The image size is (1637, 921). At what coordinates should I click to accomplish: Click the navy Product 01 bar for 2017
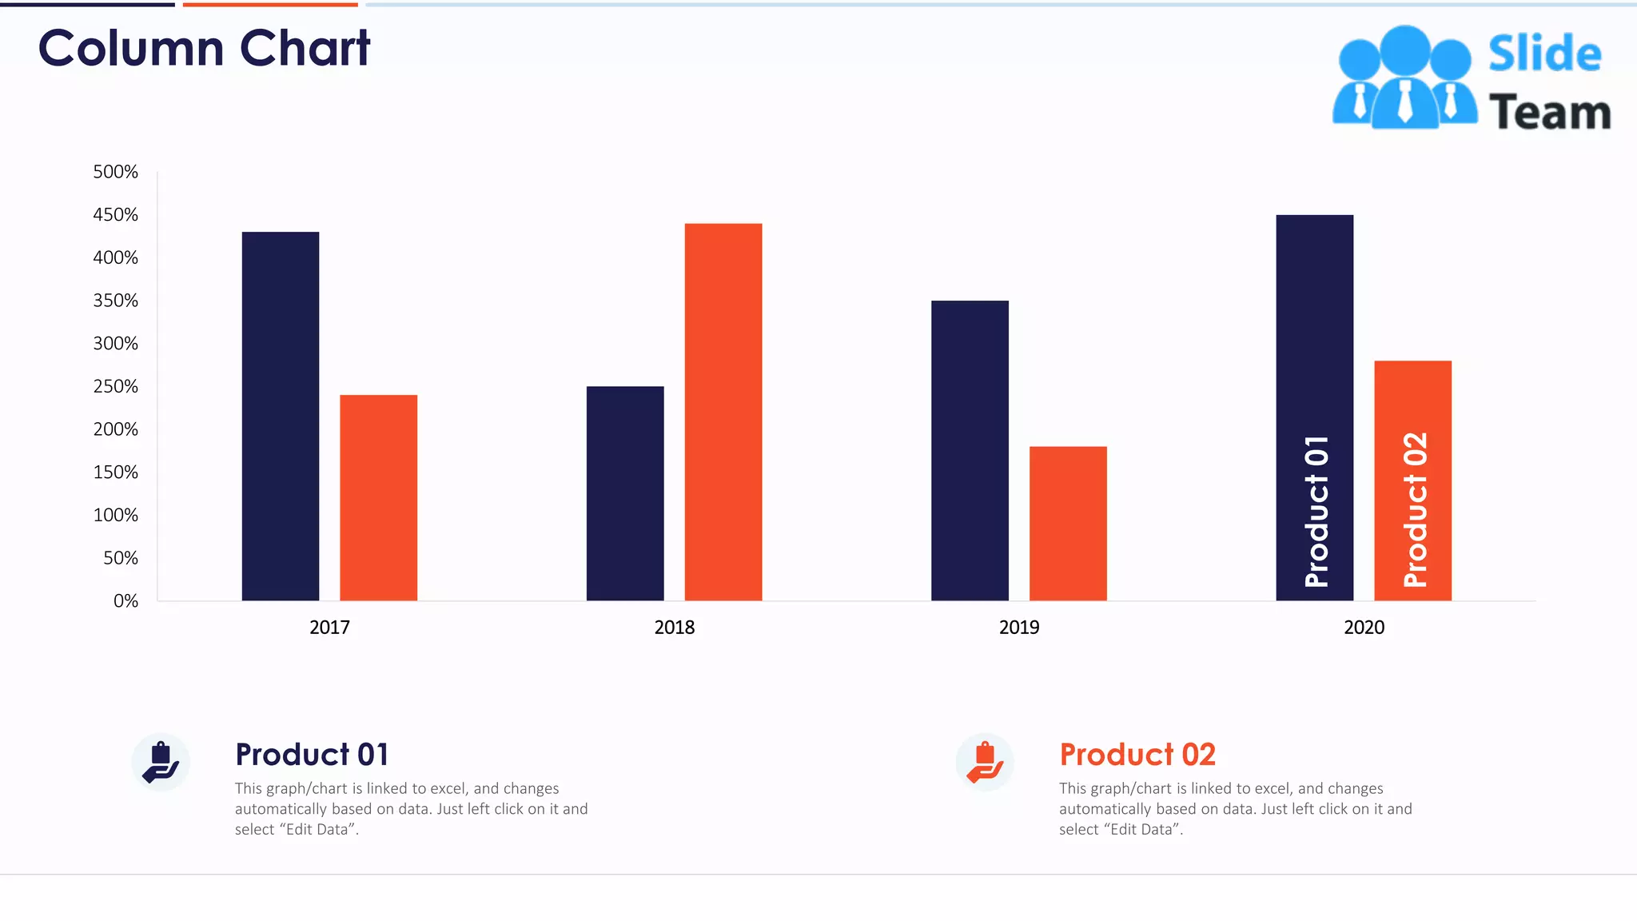pos(281,416)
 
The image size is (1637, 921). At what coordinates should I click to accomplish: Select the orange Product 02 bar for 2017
pos(378,497)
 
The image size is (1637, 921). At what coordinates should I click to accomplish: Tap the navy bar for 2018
pos(625,493)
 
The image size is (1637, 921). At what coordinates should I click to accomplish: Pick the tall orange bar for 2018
pos(723,412)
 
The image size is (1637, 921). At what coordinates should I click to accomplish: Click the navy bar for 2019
pos(970,450)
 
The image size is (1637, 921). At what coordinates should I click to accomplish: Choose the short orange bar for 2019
pos(1068,523)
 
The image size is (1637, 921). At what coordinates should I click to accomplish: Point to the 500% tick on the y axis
pos(116,172)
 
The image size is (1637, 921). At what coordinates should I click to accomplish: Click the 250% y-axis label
pos(116,386)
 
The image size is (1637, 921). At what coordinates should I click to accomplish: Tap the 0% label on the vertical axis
pos(125,601)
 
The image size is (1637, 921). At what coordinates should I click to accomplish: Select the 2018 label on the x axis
pos(674,628)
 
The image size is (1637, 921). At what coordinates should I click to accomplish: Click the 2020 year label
pos(1364,628)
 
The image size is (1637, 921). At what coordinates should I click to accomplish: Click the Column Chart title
pos(205,48)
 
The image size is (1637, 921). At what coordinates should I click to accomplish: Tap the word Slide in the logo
pos(1544,54)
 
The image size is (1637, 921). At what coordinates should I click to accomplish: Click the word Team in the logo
pos(1549,112)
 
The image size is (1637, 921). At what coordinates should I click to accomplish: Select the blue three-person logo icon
pos(1404,78)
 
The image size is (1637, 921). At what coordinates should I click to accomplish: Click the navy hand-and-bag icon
pos(161,762)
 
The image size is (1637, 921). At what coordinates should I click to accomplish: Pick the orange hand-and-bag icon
pos(985,762)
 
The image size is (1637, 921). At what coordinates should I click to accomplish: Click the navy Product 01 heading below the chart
pos(312,755)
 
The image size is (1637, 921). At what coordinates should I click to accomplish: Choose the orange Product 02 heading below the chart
pos(1137,755)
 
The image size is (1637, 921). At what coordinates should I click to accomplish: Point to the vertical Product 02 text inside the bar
pos(1414,509)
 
